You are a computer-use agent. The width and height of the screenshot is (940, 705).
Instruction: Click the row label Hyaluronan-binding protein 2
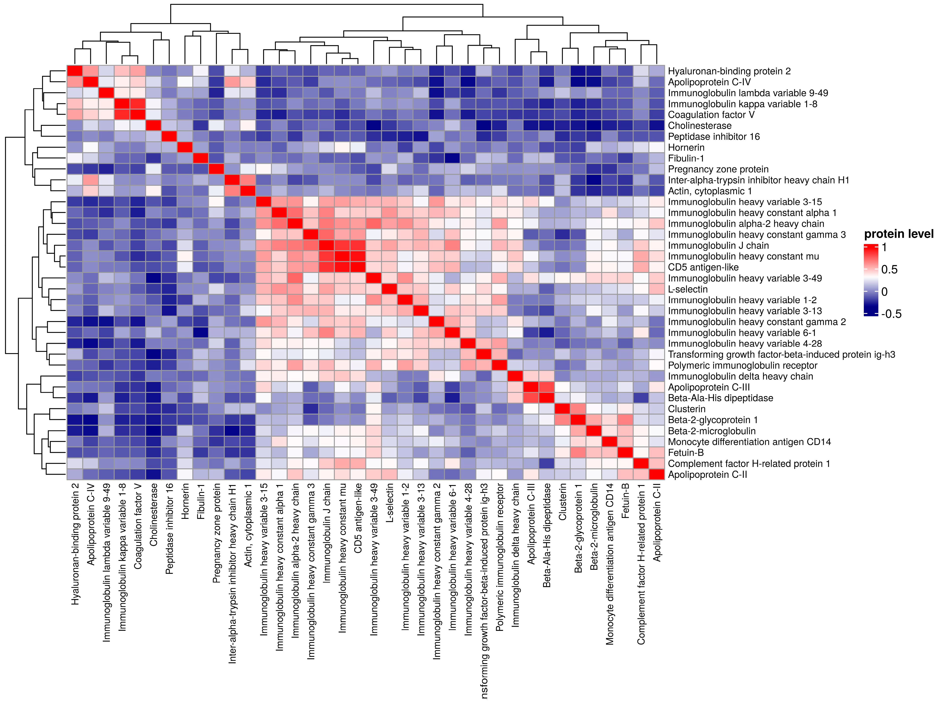pyautogui.click(x=729, y=71)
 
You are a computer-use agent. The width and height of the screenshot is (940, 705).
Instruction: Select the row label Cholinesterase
pyautogui.click(x=700, y=126)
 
